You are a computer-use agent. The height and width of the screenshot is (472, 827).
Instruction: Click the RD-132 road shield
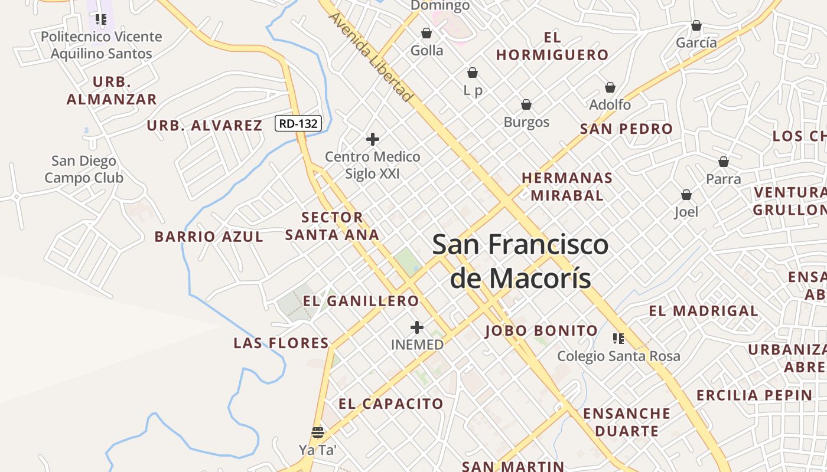coord(299,123)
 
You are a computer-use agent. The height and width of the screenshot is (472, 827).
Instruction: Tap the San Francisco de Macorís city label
coord(520,261)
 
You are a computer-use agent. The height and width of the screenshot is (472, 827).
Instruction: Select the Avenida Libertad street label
coord(370,57)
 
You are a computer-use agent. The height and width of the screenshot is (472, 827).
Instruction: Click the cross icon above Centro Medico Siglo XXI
coord(373,139)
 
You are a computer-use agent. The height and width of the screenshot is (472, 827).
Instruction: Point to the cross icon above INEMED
coord(417,327)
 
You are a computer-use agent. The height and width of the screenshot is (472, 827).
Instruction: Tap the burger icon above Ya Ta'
coord(318,432)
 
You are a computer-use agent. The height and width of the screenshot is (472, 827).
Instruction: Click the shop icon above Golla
coord(426,33)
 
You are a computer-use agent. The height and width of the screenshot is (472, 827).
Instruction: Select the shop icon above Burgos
coord(526,105)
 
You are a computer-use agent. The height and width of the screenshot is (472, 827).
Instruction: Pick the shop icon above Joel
coord(686,195)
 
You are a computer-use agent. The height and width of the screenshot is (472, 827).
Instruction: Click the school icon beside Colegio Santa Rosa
coord(618,339)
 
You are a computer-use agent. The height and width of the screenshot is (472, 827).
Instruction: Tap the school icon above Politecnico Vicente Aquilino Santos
coord(101,19)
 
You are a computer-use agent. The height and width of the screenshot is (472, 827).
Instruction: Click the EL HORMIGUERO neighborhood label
coord(552,47)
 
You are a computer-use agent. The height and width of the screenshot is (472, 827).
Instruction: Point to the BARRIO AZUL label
coord(209,237)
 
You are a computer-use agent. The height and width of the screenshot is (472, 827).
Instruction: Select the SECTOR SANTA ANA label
coord(332,226)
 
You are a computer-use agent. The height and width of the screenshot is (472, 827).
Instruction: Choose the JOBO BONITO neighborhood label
coord(542,330)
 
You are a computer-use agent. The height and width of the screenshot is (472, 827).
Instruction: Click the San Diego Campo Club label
coord(84,169)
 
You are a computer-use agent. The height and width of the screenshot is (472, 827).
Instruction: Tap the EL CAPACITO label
coord(391,404)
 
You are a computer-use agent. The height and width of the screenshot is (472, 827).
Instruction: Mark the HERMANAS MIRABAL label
coord(567,186)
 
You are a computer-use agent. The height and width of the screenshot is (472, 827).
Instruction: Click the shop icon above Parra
coord(724,162)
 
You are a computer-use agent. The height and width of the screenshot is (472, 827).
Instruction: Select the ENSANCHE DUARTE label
coord(627,422)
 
